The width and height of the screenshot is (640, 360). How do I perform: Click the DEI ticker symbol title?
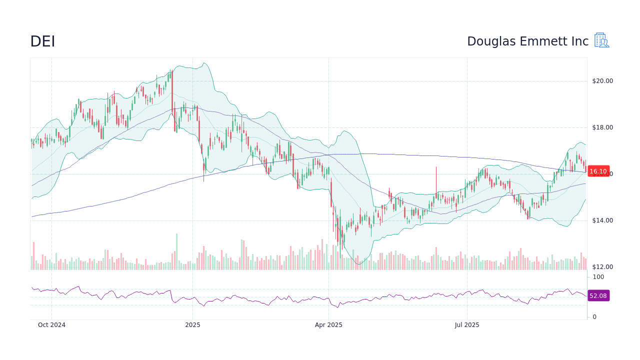point(42,41)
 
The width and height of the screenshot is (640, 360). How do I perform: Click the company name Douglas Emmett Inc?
point(527,41)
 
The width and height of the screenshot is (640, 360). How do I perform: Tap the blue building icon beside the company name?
point(601,40)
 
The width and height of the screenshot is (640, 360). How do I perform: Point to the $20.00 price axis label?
point(602,81)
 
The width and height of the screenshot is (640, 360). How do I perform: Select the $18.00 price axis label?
point(602,127)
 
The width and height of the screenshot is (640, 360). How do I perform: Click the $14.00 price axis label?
point(602,220)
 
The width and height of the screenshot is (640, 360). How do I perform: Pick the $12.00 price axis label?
point(602,267)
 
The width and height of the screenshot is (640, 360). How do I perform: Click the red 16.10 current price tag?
point(598,171)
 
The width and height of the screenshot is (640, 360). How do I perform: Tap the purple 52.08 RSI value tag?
point(598,296)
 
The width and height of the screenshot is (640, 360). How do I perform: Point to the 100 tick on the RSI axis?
point(598,277)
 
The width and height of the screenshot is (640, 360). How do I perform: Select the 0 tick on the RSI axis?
point(594,317)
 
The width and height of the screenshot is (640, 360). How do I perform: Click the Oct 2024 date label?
point(51,325)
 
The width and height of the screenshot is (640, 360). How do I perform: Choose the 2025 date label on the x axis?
point(192,325)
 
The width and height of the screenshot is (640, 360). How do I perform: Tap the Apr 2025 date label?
point(328,325)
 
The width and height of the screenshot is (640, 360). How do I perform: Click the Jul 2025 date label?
point(467,325)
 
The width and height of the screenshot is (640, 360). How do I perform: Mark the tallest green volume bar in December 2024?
point(176,251)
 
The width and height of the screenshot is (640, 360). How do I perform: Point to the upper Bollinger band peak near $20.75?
point(203,63)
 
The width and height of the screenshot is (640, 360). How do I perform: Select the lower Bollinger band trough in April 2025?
point(358,264)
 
